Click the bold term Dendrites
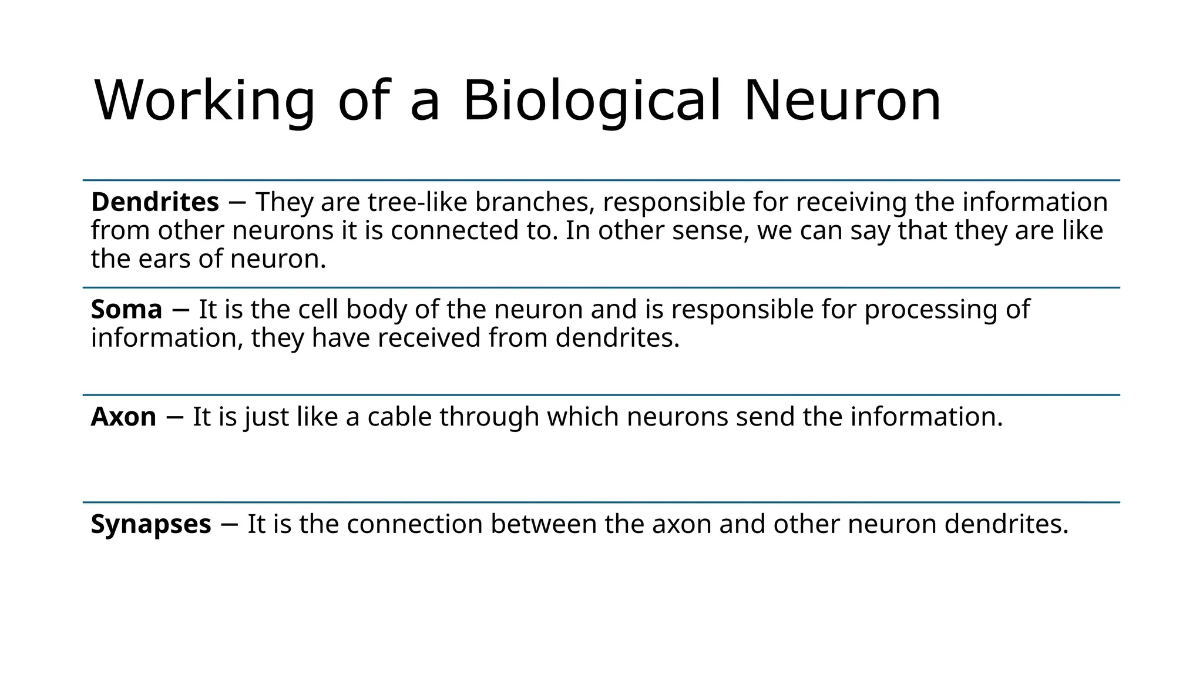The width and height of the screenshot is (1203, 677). (x=155, y=202)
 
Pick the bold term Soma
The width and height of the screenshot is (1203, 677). (x=126, y=310)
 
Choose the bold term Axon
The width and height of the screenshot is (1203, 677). (x=123, y=417)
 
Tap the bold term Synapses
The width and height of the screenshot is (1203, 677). (x=151, y=524)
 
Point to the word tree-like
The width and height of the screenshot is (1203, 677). (x=418, y=202)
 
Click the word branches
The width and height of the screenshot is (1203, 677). (x=532, y=202)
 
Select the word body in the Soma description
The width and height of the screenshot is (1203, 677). (x=377, y=310)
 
